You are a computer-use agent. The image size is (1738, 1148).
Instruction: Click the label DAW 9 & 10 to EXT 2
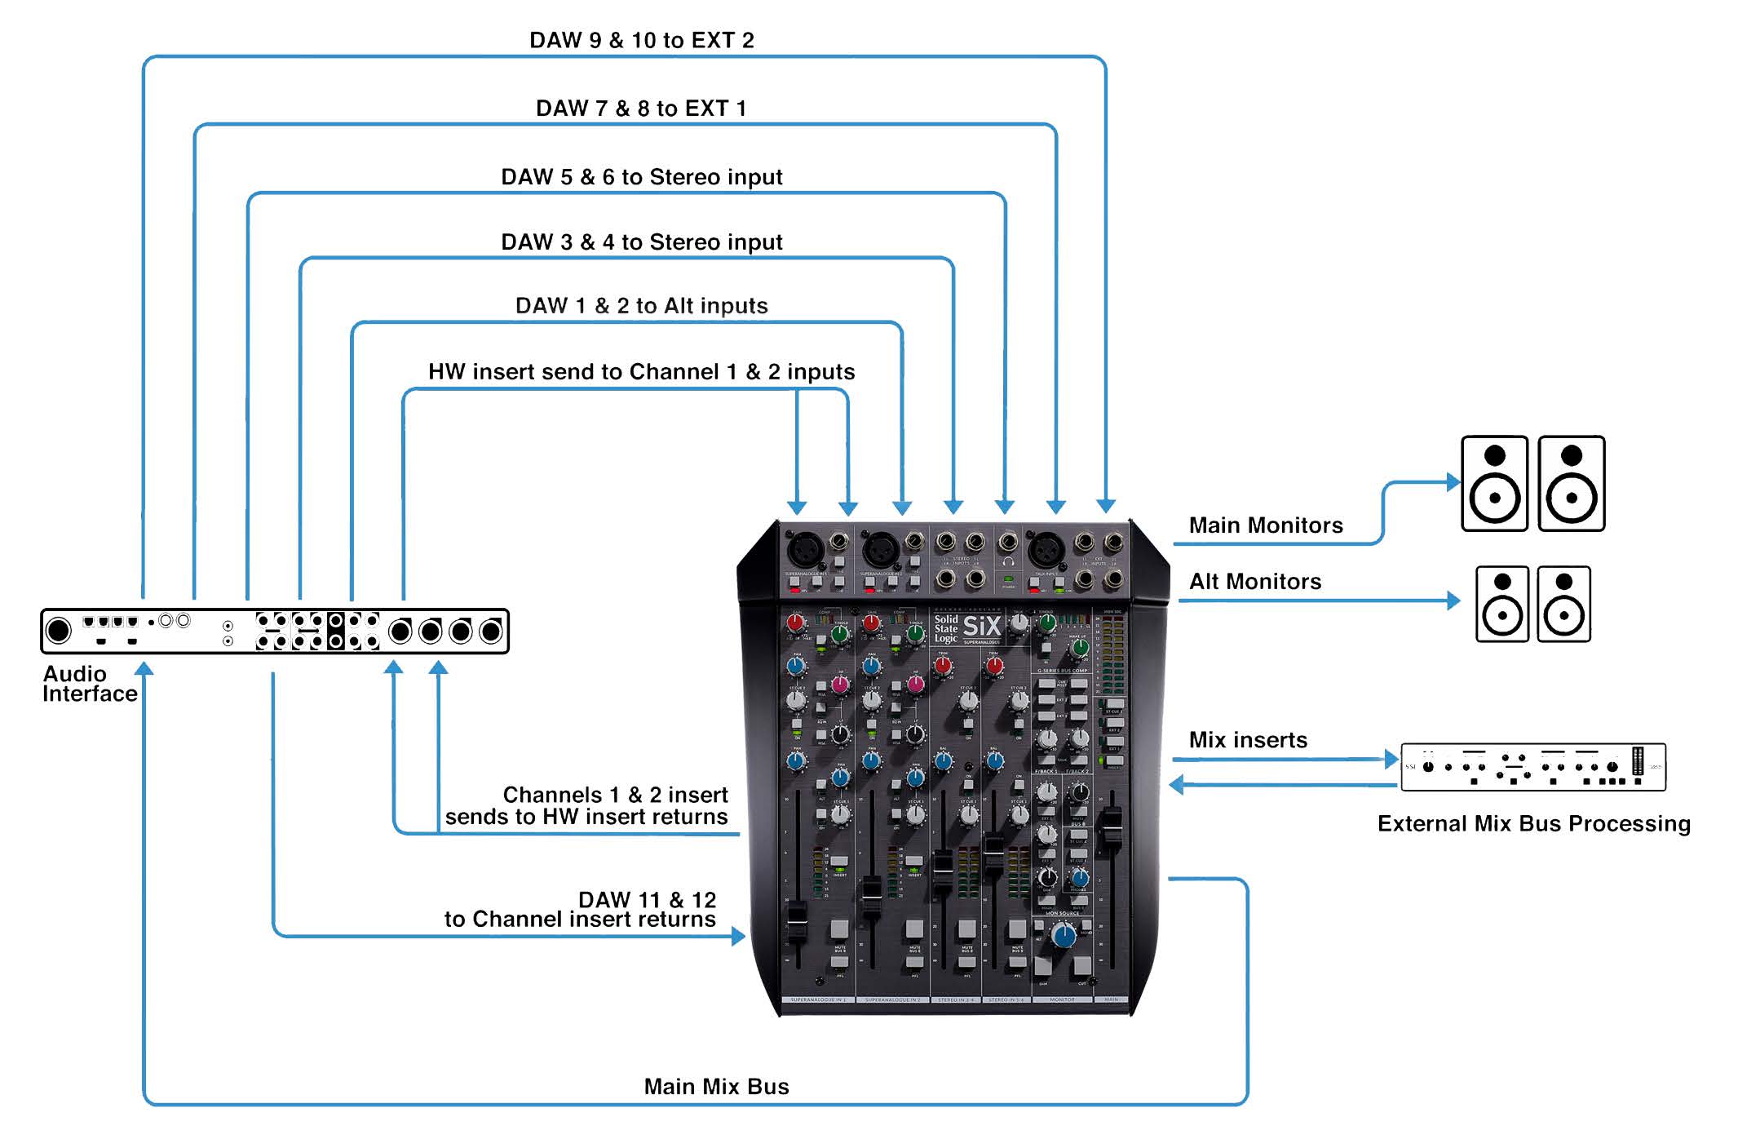641,40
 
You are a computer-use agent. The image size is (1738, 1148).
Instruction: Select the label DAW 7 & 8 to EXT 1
641,109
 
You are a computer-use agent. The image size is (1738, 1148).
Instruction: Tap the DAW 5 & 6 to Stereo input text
641,177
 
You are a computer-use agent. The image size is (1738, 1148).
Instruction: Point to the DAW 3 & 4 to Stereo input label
641,242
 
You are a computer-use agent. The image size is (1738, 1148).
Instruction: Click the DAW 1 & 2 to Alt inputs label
641,306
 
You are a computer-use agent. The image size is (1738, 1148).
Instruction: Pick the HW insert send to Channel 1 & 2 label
641,372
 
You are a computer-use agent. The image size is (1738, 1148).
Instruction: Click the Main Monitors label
1265,525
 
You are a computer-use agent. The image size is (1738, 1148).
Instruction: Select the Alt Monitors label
1254,582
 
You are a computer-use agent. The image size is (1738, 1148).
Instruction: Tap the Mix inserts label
1248,740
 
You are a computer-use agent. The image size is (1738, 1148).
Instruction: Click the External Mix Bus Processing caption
1533,824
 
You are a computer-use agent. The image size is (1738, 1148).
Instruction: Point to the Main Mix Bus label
716,1087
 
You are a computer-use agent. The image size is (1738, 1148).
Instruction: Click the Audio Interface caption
89,684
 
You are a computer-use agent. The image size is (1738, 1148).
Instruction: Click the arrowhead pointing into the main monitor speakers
1453,481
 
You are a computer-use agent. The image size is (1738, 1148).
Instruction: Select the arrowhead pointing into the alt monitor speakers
1453,601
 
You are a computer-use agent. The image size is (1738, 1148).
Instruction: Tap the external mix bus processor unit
1532,767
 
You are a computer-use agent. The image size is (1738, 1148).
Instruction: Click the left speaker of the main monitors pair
1494,484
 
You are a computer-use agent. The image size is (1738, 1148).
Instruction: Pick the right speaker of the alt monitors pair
1563,604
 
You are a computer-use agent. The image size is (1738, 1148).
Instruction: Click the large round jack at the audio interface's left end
58,631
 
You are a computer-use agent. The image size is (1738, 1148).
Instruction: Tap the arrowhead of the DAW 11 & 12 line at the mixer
738,936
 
